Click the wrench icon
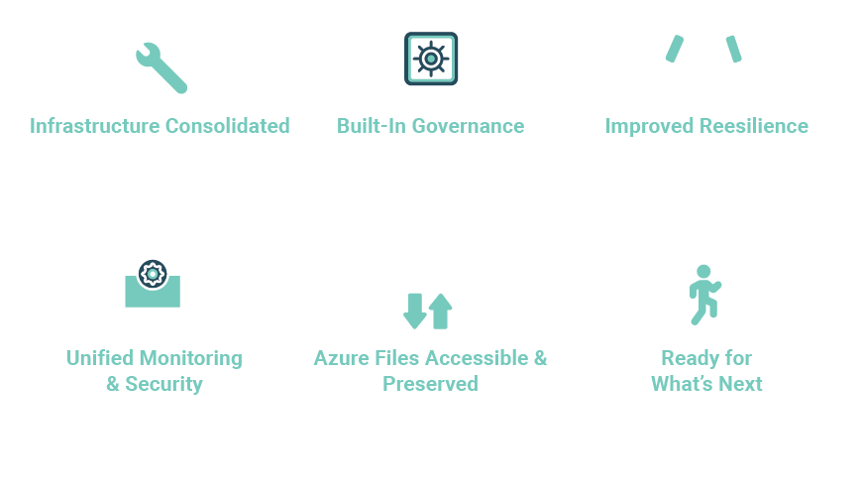(162, 67)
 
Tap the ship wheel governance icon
(430, 59)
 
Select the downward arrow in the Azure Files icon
(415, 311)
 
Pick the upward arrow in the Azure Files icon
(441, 311)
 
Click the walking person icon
(703, 294)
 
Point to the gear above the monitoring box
(153, 274)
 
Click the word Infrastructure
(94, 126)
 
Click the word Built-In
(372, 126)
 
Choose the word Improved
(650, 126)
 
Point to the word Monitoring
(190, 358)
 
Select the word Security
(163, 384)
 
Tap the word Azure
(341, 358)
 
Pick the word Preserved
(430, 384)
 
